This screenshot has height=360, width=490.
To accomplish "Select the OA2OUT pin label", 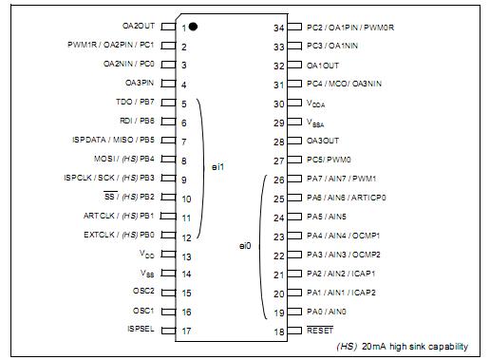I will coord(139,27).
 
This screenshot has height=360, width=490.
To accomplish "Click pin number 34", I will coord(278,28).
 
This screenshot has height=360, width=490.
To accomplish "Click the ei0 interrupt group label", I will coord(244,246).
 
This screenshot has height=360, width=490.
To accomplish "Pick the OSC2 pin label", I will coord(143,292).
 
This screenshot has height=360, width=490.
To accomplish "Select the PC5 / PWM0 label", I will coord(330,160).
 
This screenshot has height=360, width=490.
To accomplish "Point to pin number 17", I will coord(186,331).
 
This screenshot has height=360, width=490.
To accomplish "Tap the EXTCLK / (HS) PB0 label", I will coord(119,234).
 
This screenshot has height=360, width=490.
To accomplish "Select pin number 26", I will coord(278,179).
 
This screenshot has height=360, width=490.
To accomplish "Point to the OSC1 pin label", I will coord(143,311).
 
